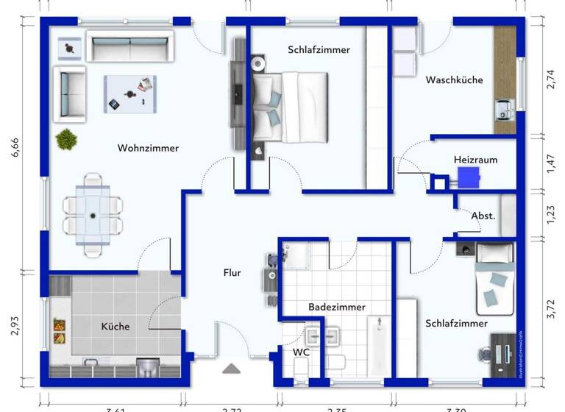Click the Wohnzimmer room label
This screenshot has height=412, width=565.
point(148,148)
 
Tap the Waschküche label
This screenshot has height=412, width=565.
point(455,79)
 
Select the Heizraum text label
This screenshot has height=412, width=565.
point(475,159)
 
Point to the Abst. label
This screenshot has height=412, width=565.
point(483,216)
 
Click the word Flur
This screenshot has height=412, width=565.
point(232,273)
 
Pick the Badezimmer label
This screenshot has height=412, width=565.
point(336,307)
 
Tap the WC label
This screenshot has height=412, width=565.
point(301,352)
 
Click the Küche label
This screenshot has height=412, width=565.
point(116,326)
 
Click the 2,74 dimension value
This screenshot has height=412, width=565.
point(549,79)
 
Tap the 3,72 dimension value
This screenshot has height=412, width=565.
point(549,307)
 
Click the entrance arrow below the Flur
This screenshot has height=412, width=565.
point(232,369)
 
